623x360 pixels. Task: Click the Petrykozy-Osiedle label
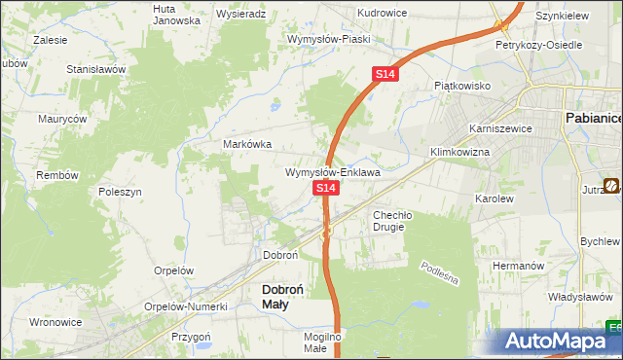[x=538, y=45]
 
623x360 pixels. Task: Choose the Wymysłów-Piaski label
[x=326, y=39]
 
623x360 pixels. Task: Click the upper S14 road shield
[x=385, y=74]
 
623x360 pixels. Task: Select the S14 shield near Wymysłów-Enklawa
[x=326, y=187]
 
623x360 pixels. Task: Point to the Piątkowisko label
[x=461, y=86]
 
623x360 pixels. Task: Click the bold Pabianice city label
[x=594, y=118]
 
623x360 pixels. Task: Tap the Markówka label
[x=247, y=144]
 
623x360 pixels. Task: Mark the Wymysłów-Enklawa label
[x=332, y=172]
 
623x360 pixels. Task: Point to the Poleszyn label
[x=122, y=193]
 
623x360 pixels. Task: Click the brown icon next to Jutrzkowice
[x=612, y=185]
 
